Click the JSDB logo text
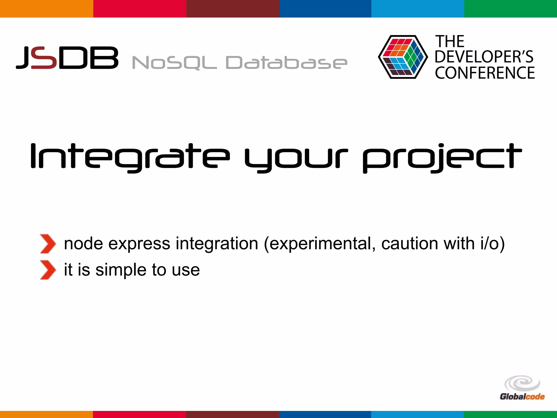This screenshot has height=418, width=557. point(67,57)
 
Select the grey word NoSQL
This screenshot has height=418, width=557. point(174,63)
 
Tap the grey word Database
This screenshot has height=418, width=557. point(286,63)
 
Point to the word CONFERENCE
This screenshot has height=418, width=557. point(485,73)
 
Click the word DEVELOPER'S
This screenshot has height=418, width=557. point(484,57)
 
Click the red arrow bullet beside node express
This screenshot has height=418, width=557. point(48,244)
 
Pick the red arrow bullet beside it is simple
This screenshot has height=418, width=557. point(48,270)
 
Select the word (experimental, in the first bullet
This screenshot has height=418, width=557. point(320,244)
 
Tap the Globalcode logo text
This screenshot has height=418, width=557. point(522,397)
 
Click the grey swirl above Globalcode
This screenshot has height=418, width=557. point(522,383)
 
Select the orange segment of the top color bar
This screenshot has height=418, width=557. point(47,9)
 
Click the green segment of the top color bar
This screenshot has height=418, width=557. point(510,9)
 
